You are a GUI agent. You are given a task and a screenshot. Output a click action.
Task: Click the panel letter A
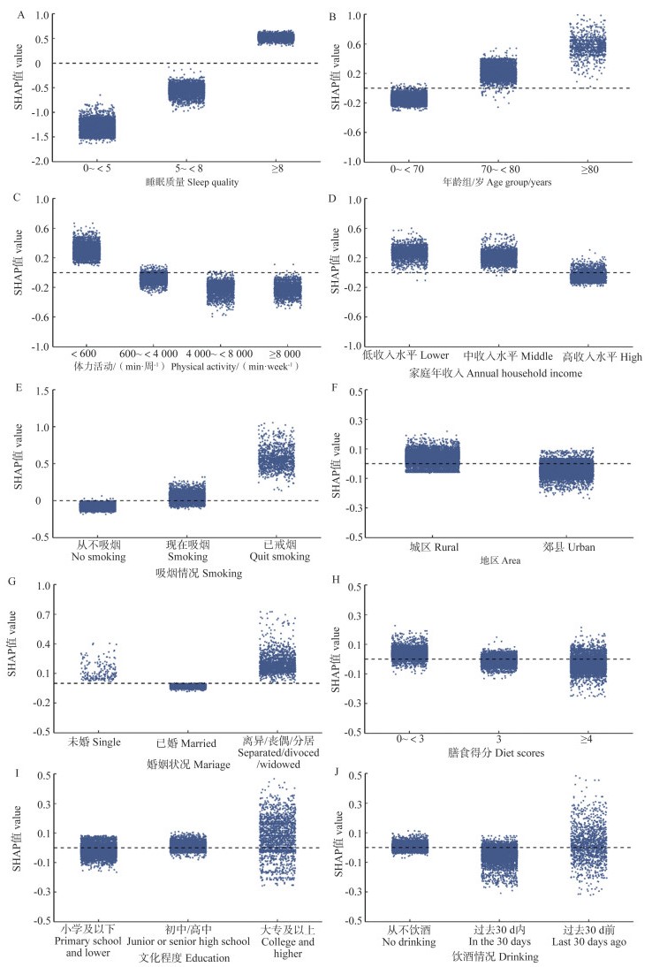[8, 11]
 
